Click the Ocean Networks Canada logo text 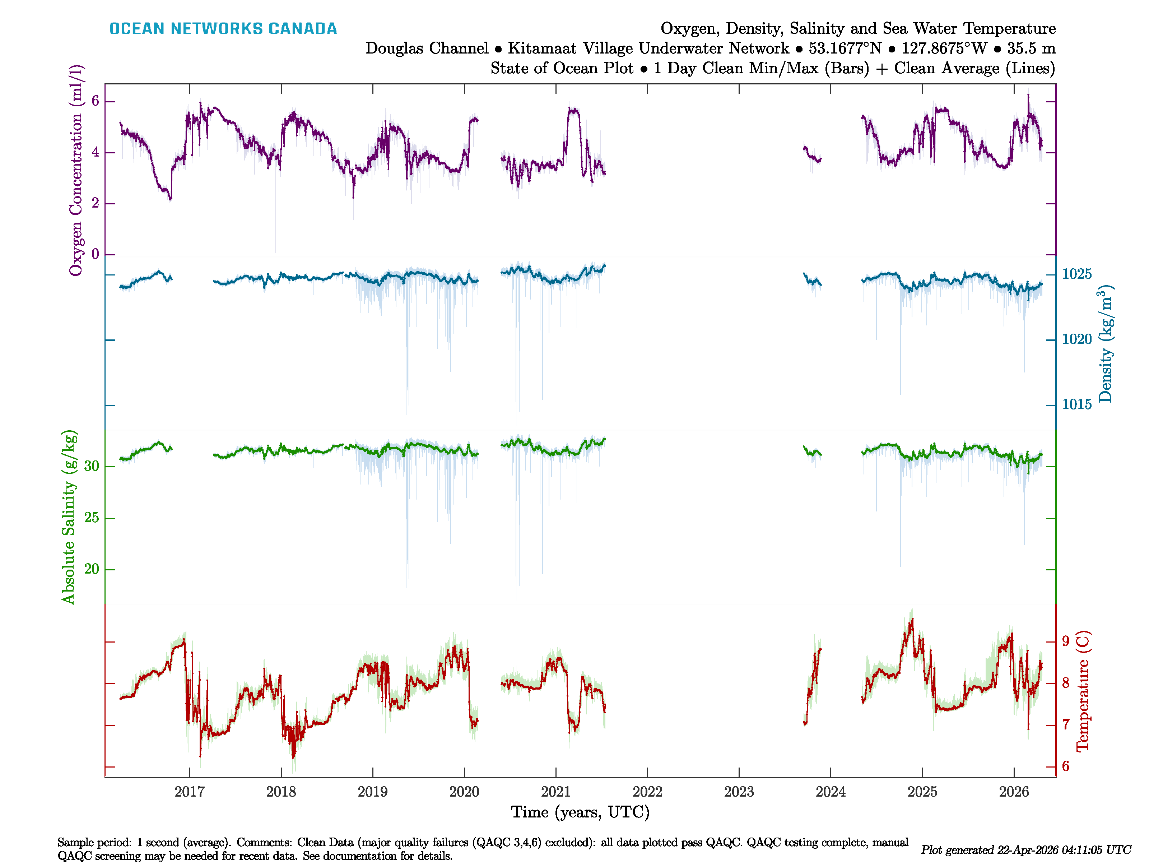tap(223, 29)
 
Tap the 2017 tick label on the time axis tap(190, 792)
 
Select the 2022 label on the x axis tap(647, 792)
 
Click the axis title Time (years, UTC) tap(580, 812)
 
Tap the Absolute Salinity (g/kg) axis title tap(69, 517)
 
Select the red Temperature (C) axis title tap(1083, 691)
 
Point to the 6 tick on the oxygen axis tap(95, 101)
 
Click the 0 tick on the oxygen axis tap(95, 254)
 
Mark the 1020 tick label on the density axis tap(1077, 339)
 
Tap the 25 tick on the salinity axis tap(92, 518)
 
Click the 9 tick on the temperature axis tap(1065, 641)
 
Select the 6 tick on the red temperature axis tap(1065, 766)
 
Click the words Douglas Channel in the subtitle tap(427, 48)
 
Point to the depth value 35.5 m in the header tap(1031, 48)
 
